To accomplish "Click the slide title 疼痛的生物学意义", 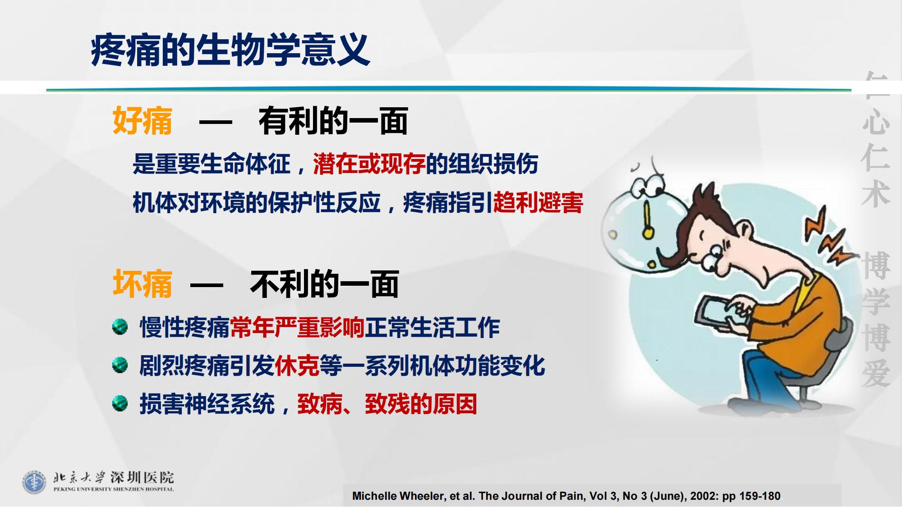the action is (x=230, y=50).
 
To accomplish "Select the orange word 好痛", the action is (x=143, y=121).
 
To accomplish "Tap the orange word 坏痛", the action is (x=143, y=284).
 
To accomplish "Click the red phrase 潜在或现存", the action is (x=369, y=164).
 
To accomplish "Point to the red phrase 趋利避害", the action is (x=538, y=202).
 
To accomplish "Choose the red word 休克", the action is (x=297, y=365).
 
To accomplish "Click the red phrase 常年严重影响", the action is (x=297, y=327).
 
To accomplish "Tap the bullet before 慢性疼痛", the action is (x=120, y=327).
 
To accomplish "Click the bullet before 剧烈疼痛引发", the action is (x=120, y=365).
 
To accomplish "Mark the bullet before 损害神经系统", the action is (x=120, y=403).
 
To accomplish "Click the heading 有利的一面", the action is (x=333, y=121).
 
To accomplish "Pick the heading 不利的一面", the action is (x=324, y=284).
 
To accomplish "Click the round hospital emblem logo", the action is (x=34, y=482).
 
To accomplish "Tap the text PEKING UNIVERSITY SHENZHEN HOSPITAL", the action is (x=114, y=489).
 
